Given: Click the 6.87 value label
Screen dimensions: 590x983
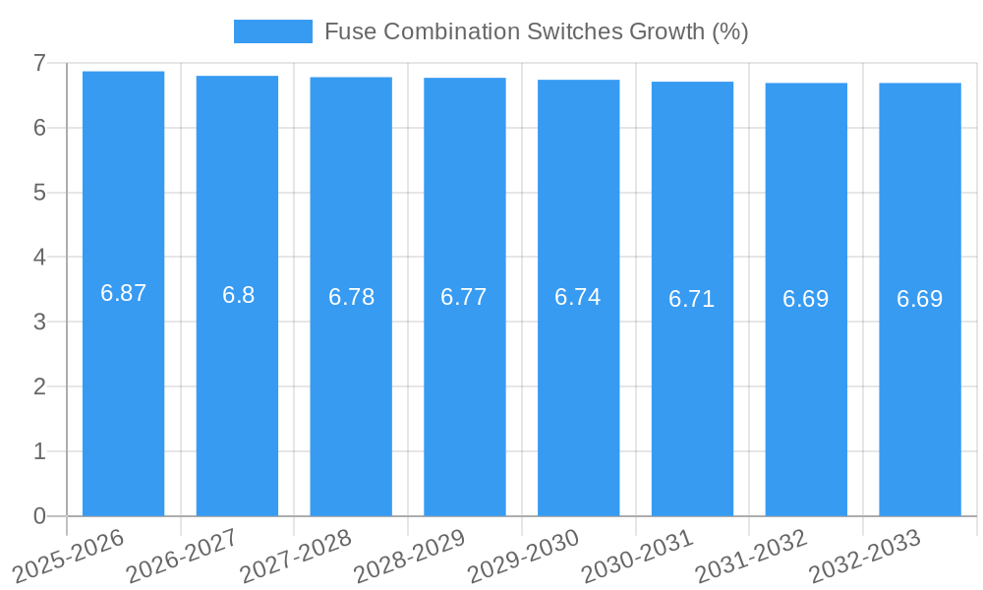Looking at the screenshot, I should coord(123,293).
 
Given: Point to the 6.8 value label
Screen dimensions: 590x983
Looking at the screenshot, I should coord(238,295).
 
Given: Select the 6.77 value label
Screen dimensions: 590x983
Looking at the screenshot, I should coord(464,297).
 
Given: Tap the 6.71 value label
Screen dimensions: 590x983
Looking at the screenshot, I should coord(692,299).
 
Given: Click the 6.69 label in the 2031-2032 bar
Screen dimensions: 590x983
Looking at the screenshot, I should coord(806,299).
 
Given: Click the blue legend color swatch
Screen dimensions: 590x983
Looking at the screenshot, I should coord(272,31).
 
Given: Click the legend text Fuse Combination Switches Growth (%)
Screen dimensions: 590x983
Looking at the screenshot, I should coord(536,31).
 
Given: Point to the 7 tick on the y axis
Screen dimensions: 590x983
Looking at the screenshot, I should coord(39,63).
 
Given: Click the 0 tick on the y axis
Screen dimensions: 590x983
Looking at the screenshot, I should coord(39,516).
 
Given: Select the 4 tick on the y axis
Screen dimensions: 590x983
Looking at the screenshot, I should coord(39,258).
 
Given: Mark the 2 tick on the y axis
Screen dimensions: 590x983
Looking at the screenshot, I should coord(39,386).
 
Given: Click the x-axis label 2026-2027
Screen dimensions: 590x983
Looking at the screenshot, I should coord(182,556).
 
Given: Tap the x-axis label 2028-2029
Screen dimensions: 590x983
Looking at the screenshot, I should coord(409,556).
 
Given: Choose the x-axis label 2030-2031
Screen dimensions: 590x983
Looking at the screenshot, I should coord(637,556).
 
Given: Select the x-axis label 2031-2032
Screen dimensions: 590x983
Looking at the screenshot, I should coord(751,556).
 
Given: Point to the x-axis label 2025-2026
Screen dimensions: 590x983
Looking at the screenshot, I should coord(69,556).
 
